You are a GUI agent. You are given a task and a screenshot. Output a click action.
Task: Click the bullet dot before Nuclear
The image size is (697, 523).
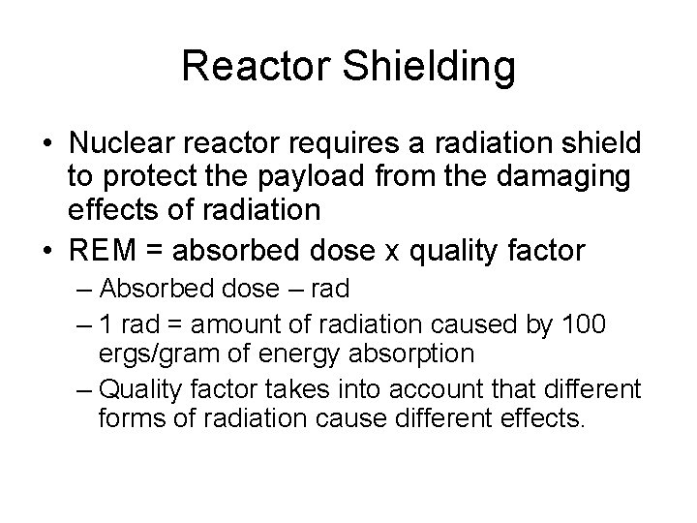[x=47, y=144]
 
